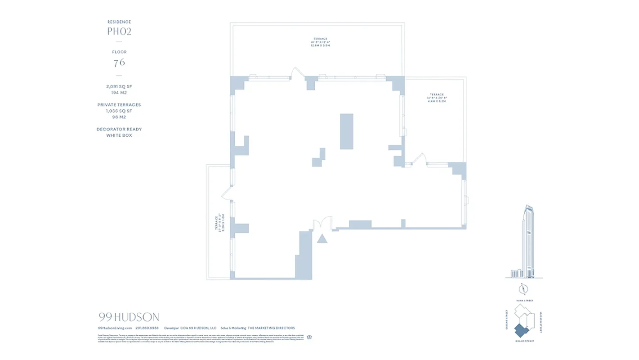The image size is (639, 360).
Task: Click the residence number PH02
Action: pyautogui.click(x=119, y=31)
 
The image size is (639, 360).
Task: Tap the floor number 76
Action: pyautogui.click(x=119, y=63)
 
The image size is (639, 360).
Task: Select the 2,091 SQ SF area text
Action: pyautogui.click(x=119, y=86)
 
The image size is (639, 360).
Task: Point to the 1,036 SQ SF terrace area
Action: pyautogui.click(x=119, y=111)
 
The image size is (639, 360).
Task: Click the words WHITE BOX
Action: pyautogui.click(x=119, y=135)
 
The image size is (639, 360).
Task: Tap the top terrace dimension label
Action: pyautogui.click(x=321, y=42)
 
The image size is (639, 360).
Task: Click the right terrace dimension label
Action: pyautogui.click(x=436, y=98)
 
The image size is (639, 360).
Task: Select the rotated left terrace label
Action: pyautogui.click(x=219, y=223)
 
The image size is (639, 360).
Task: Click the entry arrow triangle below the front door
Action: pyautogui.click(x=322, y=238)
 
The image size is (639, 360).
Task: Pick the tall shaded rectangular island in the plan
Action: pyautogui.click(x=347, y=131)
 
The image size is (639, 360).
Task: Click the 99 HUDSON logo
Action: pyautogui.click(x=129, y=317)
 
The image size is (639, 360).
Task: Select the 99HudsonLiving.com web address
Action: pyautogui.click(x=115, y=328)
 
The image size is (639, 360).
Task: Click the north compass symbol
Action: pyautogui.click(x=523, y=289)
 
